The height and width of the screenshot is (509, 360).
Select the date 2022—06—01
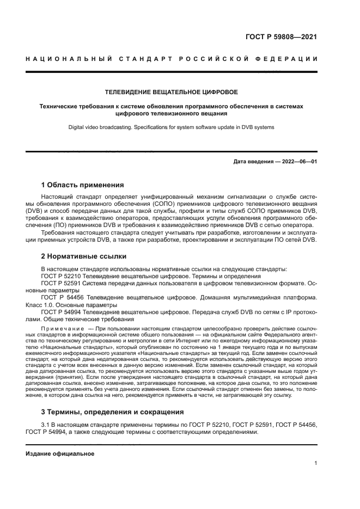coord(298,162)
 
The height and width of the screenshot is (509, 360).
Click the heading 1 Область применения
coord(83,185)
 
